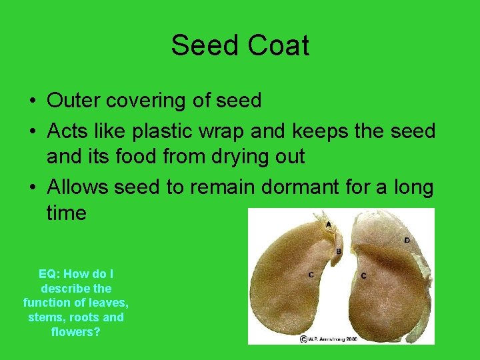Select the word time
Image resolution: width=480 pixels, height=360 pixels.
coord(67,213)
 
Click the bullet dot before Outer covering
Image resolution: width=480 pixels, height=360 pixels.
coord(32,102)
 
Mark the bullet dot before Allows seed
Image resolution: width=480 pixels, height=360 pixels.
coord(32,189)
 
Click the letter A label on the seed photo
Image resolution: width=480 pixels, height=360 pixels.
coord(328,224)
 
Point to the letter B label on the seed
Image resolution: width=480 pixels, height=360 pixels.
coord(339,251)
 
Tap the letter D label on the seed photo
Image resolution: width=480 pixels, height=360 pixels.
coord(407,240)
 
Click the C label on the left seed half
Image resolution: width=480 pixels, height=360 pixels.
coord(311,274)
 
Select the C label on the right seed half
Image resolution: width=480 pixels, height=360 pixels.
coord(363,275)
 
